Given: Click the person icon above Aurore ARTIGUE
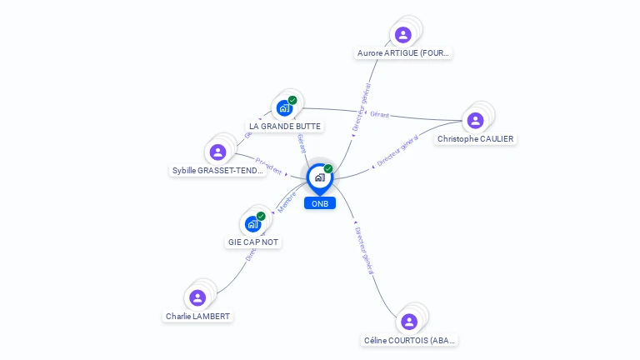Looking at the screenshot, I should (403, 35).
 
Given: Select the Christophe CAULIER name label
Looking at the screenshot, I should (476, 139).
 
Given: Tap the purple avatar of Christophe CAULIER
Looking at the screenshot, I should (475, 121).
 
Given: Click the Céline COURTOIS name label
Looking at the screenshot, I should (410, 340).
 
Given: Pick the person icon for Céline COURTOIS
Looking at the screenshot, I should (408, 322).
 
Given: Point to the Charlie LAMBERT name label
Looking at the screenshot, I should (197, 317).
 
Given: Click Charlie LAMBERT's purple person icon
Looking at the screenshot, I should (197, 297).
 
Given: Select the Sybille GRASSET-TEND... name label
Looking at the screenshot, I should (217, 171).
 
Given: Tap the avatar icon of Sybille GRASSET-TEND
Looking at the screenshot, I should (217, 152).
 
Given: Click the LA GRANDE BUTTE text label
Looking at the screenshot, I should (284, 127).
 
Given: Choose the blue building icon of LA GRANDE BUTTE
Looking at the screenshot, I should (284, 107).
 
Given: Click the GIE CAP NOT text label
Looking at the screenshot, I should (253, 242).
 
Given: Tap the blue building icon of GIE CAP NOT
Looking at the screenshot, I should (253, 223).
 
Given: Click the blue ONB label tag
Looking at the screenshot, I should (320, 203).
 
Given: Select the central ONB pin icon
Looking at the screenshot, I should (320, 177).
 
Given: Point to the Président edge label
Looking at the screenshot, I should (269, 165).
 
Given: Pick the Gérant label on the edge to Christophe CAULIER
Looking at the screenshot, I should (380, 114).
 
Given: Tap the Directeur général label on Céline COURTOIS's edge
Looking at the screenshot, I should (363, 249).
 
